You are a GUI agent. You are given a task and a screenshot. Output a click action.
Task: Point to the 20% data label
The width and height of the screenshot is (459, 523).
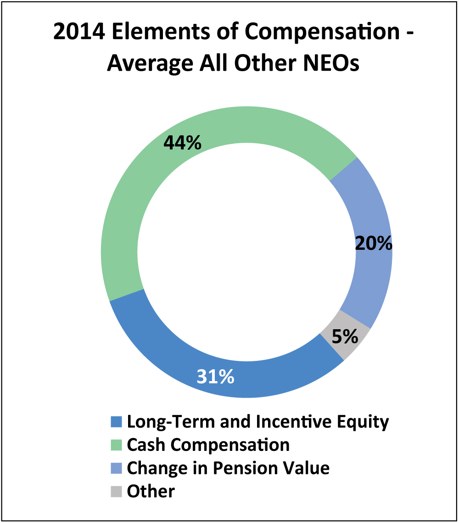pos(374,243)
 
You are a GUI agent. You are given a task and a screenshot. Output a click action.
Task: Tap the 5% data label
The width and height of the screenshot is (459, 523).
pos(345,337)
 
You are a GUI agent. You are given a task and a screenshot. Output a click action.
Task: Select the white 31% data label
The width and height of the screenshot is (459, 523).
pos(216,377)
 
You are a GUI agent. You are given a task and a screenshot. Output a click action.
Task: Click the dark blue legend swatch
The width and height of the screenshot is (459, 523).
pos(117,422)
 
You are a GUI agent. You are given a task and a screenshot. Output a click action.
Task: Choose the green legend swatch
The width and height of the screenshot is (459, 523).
pos(117,445)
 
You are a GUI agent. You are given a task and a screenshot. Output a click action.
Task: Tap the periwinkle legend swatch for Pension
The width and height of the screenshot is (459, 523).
pos(117,468)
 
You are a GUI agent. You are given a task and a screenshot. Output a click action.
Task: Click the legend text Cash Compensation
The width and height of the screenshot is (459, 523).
pos(208,444)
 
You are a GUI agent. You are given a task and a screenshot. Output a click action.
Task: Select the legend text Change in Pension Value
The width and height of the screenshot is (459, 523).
pos(228,468)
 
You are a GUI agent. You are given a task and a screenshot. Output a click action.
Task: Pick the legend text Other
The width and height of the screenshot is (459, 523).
pos(151,491)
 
